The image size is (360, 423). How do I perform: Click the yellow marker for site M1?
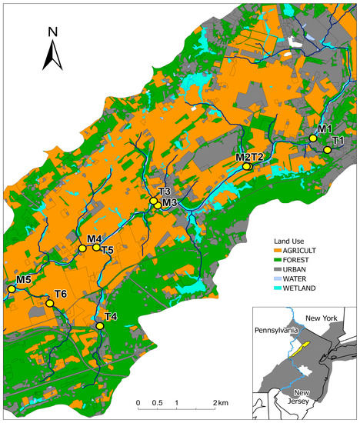coord(313,138)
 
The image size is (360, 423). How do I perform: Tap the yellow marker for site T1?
coord(327,150)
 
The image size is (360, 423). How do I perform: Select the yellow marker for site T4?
coord(99,326)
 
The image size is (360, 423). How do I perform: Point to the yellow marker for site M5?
coord(12,289)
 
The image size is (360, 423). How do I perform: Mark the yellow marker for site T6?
coord(49,304)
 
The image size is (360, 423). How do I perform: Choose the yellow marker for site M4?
coord(82,248)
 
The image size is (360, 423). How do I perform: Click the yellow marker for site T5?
coord(96,247)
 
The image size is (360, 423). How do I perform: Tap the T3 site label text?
coord(164,192)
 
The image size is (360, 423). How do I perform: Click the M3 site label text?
coord(169,203)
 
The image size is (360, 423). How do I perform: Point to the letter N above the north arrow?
coord(52,32)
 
